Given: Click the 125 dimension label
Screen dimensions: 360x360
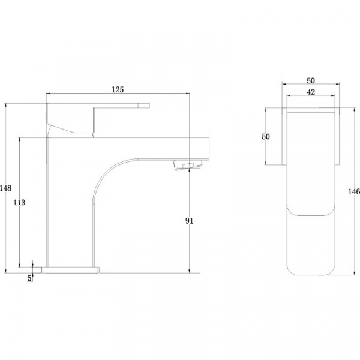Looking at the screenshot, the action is (x=118, y=89).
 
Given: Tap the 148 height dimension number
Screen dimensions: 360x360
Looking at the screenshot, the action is (x=5, y=188).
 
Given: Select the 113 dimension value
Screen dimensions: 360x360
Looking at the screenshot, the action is (x=19, y=203).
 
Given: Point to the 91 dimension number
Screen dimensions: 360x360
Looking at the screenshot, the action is (x=189, y=221).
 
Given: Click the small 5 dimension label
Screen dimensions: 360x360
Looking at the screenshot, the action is (x=29, y=278).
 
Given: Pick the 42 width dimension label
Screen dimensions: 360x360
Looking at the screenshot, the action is (x=311, y=92).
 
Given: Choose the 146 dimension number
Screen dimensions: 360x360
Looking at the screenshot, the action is (x=354, y=191).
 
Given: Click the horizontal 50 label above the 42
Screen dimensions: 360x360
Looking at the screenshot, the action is (x=311, y=81).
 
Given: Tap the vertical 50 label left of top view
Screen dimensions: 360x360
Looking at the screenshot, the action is (x=266, y=137).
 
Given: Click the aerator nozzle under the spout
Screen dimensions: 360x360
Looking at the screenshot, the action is (x=188, y=166).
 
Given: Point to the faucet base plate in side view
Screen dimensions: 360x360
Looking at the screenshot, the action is (x=71, y=270).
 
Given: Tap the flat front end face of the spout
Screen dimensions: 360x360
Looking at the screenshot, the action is (x=209, y=149).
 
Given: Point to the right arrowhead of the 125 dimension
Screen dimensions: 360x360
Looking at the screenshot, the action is (x=188, y=93).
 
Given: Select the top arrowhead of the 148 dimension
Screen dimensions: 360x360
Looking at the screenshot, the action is (x=6, y=106).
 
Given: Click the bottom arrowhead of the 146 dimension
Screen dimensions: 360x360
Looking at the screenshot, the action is (x=354, y=273).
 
